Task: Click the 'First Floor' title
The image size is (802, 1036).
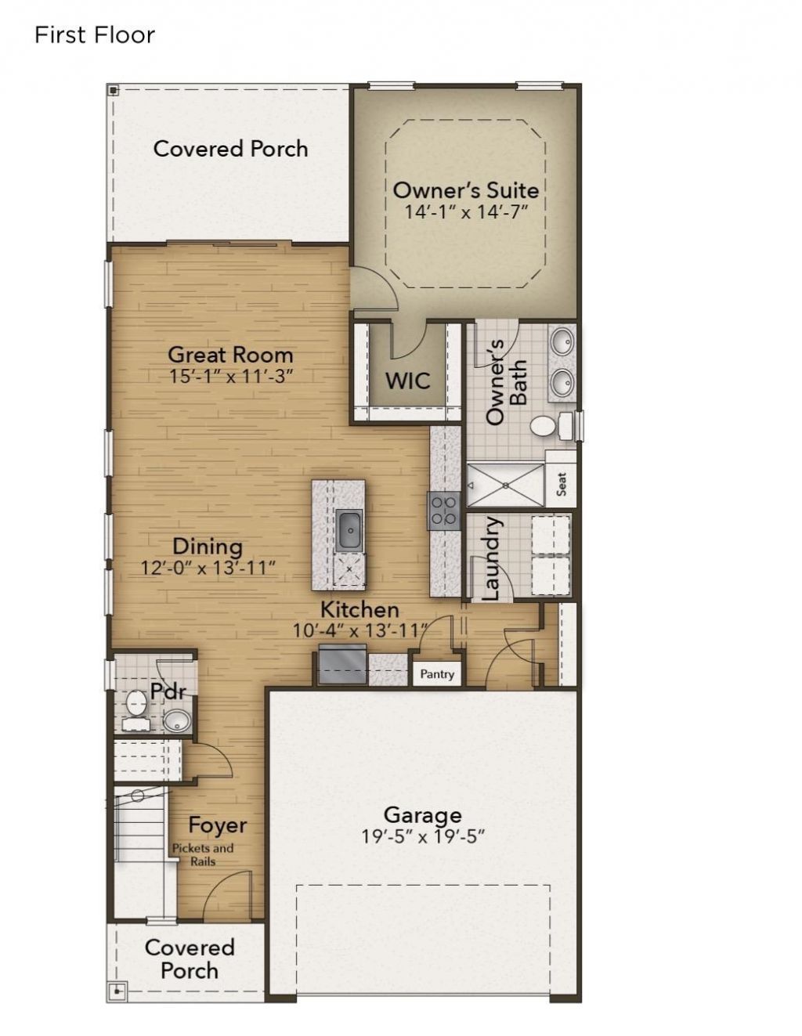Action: click(94, 35)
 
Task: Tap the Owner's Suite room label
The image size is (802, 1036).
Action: click(465, 190)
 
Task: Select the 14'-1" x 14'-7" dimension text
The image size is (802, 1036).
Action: click(465, 211)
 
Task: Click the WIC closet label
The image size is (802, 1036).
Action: click(407, 381)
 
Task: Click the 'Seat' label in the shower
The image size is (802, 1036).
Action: click(562, 485)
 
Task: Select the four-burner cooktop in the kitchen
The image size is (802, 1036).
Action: click(443, 511)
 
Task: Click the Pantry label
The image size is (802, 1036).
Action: click(437, 673)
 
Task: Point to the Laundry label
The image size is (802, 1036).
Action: click(490, 558)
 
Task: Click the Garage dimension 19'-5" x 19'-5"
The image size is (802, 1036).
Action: click(423, 837)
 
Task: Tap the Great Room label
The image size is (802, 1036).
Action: click(230, 355)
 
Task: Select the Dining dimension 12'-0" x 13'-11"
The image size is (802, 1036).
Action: click(208, 568)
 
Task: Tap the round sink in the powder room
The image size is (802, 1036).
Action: click(177, 720)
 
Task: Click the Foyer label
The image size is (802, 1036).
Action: click(217, 825)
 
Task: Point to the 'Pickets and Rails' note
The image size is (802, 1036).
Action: click(203, 854)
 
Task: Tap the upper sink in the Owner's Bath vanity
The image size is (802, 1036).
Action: click(562, 341)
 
